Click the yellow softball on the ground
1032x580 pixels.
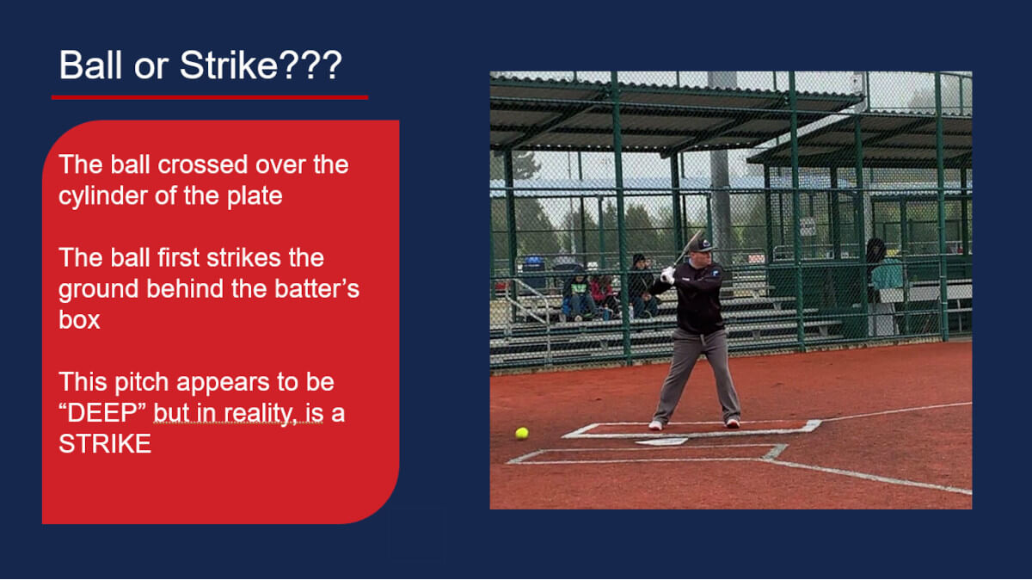click(521, 434)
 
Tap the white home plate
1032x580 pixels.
click(661, 441)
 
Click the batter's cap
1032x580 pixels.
click(701, 244)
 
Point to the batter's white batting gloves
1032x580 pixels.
click(667, 275)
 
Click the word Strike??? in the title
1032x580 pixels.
click(261, 65)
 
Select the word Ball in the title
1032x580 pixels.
click(90, 65)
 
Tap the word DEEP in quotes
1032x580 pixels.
click(104, 413)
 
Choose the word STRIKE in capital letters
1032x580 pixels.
click(105, 443)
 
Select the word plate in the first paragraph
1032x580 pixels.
click(255, 196)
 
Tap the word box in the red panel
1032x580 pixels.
click(79, 319)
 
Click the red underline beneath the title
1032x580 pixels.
click(210, 97)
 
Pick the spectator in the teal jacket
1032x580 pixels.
click(885, 286)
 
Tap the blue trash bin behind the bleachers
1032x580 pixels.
click(533, 272)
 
